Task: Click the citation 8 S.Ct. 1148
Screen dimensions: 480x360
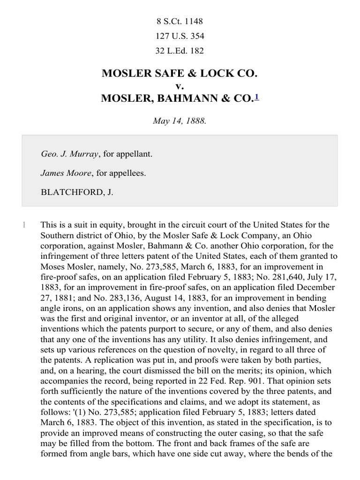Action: coord(180,21)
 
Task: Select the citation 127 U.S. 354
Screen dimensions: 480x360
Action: coord(180,36)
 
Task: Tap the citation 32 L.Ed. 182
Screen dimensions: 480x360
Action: coord(180,51)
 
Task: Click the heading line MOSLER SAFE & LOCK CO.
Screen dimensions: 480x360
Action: coord(180,74)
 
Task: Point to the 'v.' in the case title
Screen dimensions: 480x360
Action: coord(180,86)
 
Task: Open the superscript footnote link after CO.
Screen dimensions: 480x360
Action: coord(256,97)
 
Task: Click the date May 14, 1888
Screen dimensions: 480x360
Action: coord(180,120)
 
